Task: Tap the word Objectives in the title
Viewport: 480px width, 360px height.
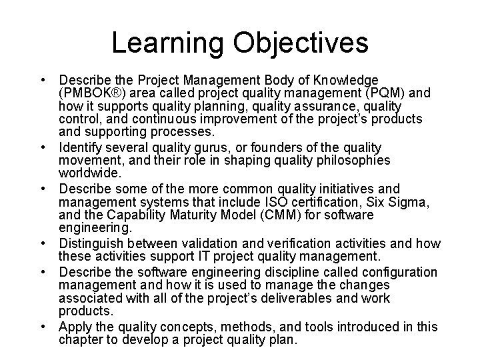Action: click(x=301, y=42)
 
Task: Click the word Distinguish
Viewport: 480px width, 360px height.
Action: click(x=93, y=243)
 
